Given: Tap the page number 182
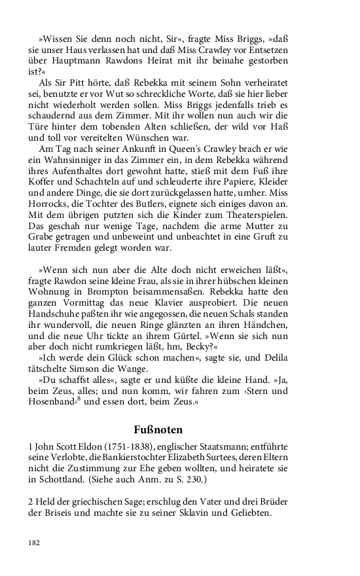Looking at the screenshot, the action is (34, 543).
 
